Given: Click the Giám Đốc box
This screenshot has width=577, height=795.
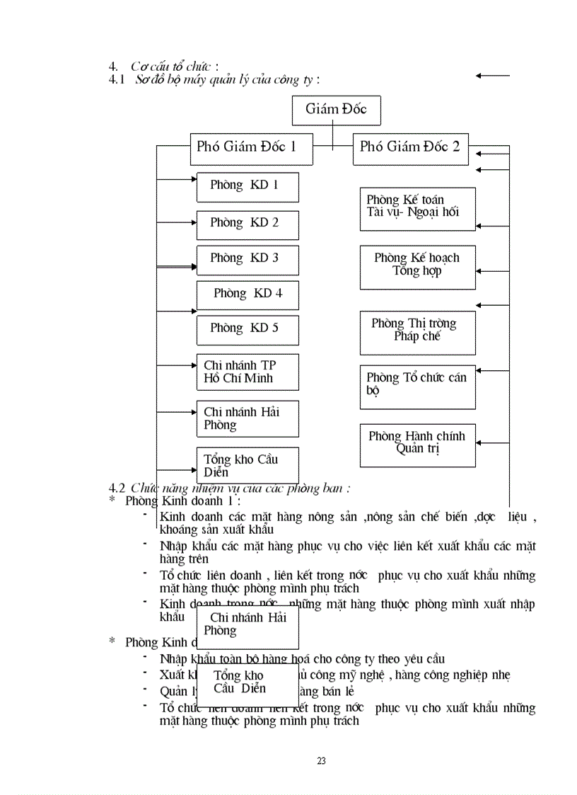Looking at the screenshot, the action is [x=336, y=110].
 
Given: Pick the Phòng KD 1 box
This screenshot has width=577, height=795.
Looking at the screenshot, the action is [x=247, y=187].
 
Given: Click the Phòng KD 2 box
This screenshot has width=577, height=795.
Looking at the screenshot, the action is [x=247, y=224].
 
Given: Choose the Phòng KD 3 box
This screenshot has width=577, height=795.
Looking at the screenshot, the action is [x=247, y=260].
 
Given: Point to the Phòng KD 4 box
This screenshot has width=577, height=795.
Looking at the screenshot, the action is [x=247, y=294].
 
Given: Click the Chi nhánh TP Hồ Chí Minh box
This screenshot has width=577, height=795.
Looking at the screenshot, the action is [x=247, y=372].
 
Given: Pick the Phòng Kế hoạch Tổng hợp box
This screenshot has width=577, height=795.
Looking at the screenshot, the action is [x=417, y=267].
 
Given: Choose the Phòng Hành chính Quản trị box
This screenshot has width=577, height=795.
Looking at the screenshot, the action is [x=417, y=445].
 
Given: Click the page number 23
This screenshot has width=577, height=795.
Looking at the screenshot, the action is [x=321, y=761].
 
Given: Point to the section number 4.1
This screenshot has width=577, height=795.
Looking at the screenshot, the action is [x=117, y=80].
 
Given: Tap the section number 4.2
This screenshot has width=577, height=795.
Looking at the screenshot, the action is [x=117, y=488].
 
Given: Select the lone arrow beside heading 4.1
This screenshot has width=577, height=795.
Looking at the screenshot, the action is [x=492, y=75].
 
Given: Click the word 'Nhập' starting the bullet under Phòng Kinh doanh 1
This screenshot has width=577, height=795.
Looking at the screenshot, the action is [x=172, y=546].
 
